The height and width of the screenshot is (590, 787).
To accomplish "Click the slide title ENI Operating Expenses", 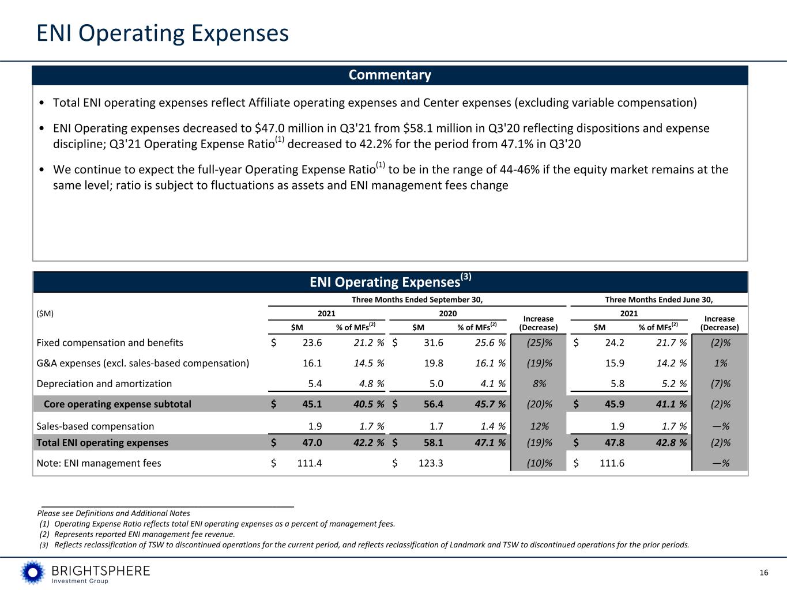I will tap(162, 33).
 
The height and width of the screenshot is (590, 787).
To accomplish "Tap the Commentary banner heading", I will tap(390, 75).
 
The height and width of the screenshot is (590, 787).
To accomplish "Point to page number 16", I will tap(764, 572).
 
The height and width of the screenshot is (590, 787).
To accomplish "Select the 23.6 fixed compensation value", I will tap(312, 343).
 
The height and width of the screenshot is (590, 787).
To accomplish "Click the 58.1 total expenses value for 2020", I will tap(434, 442).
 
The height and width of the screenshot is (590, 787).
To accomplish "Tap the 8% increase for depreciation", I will tap(539, 384).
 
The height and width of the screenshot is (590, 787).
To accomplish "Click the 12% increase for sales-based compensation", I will tap(539, 426).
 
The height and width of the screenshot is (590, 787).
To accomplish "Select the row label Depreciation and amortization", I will tap(104, 384).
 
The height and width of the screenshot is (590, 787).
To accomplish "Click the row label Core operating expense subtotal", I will tap(117, 404).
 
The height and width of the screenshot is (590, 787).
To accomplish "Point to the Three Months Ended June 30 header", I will tap(658, 299).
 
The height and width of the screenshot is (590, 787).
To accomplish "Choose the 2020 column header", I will tap(447, 313).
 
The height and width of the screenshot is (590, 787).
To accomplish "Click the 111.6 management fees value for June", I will tap(612, 463).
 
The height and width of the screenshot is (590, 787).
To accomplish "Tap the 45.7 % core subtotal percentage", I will tap(489, 404).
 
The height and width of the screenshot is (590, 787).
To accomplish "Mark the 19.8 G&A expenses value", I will tap(434, 364).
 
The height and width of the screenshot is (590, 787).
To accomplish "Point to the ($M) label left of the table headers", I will tap(45, 313).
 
